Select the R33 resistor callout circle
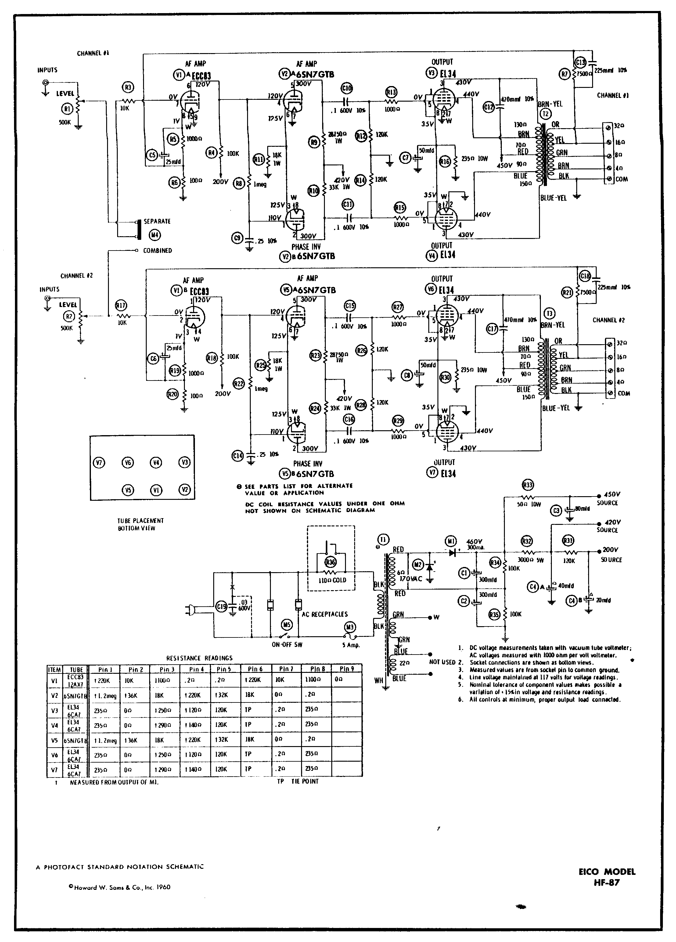point(527,484)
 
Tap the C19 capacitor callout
point(221,607)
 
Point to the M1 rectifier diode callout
point(451,541)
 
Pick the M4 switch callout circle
point(155,235)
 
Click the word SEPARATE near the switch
point(157,221)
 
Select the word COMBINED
point(157,251)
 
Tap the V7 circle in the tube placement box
point(99,463)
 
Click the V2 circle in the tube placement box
point(184,490)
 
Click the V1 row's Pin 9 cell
point(347,680)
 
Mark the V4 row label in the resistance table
point(54,725)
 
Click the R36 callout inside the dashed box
point(330,562)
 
